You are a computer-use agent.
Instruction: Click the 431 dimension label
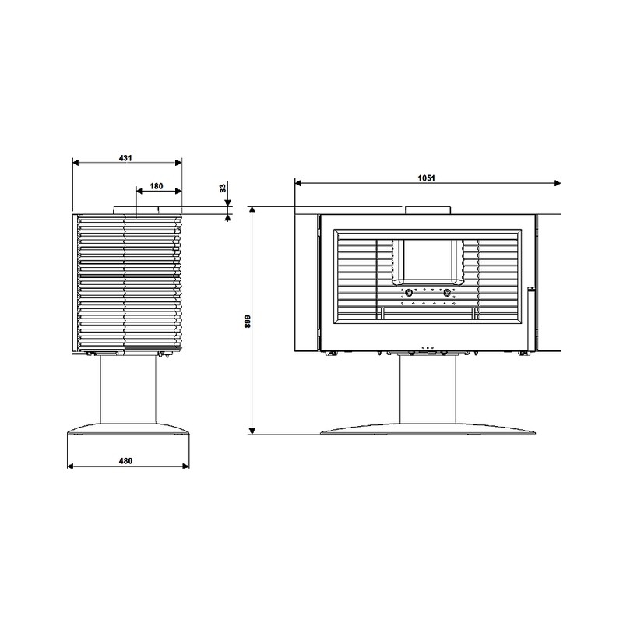point(125,158)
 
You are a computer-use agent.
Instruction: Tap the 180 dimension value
point(157,186)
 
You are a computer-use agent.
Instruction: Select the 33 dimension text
point(223,188)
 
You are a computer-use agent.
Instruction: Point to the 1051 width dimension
point(426,178)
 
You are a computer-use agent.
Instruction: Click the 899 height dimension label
point(247,321)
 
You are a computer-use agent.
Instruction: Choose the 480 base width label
point(125,461)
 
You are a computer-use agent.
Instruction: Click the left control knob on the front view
point(408,294)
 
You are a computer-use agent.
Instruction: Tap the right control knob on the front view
point(447,294)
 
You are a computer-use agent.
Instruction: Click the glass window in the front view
point(428,259)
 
